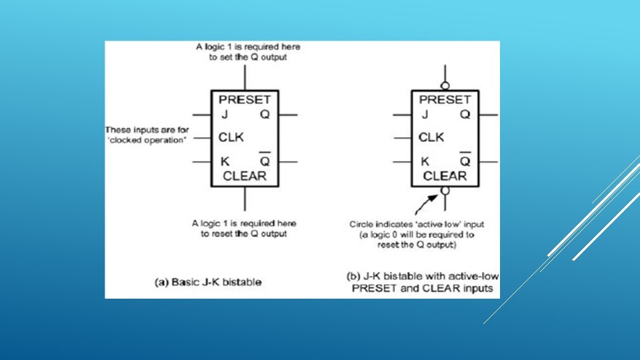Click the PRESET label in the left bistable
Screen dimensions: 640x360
[245, 99]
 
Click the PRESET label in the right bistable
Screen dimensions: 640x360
[445, 99]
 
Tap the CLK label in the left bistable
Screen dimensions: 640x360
[231, 138]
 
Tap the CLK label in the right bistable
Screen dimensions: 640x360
[431, 138]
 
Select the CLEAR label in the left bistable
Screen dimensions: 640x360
[245, 176]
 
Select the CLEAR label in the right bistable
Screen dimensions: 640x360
[445, 176]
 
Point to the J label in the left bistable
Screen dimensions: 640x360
[225, 115]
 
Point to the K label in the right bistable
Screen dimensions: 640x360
[425, 161]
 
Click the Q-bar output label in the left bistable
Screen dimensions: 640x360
[265, 161]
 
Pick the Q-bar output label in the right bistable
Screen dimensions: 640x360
[465, 161]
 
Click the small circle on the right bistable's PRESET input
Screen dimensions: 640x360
[445, 85]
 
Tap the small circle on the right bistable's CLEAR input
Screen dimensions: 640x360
[445, 191]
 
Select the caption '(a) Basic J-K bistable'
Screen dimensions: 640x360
[208, 282]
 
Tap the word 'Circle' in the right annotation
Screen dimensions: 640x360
[363, 225]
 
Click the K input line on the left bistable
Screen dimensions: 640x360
[201, 161]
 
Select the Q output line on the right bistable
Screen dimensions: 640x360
[488, 115]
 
